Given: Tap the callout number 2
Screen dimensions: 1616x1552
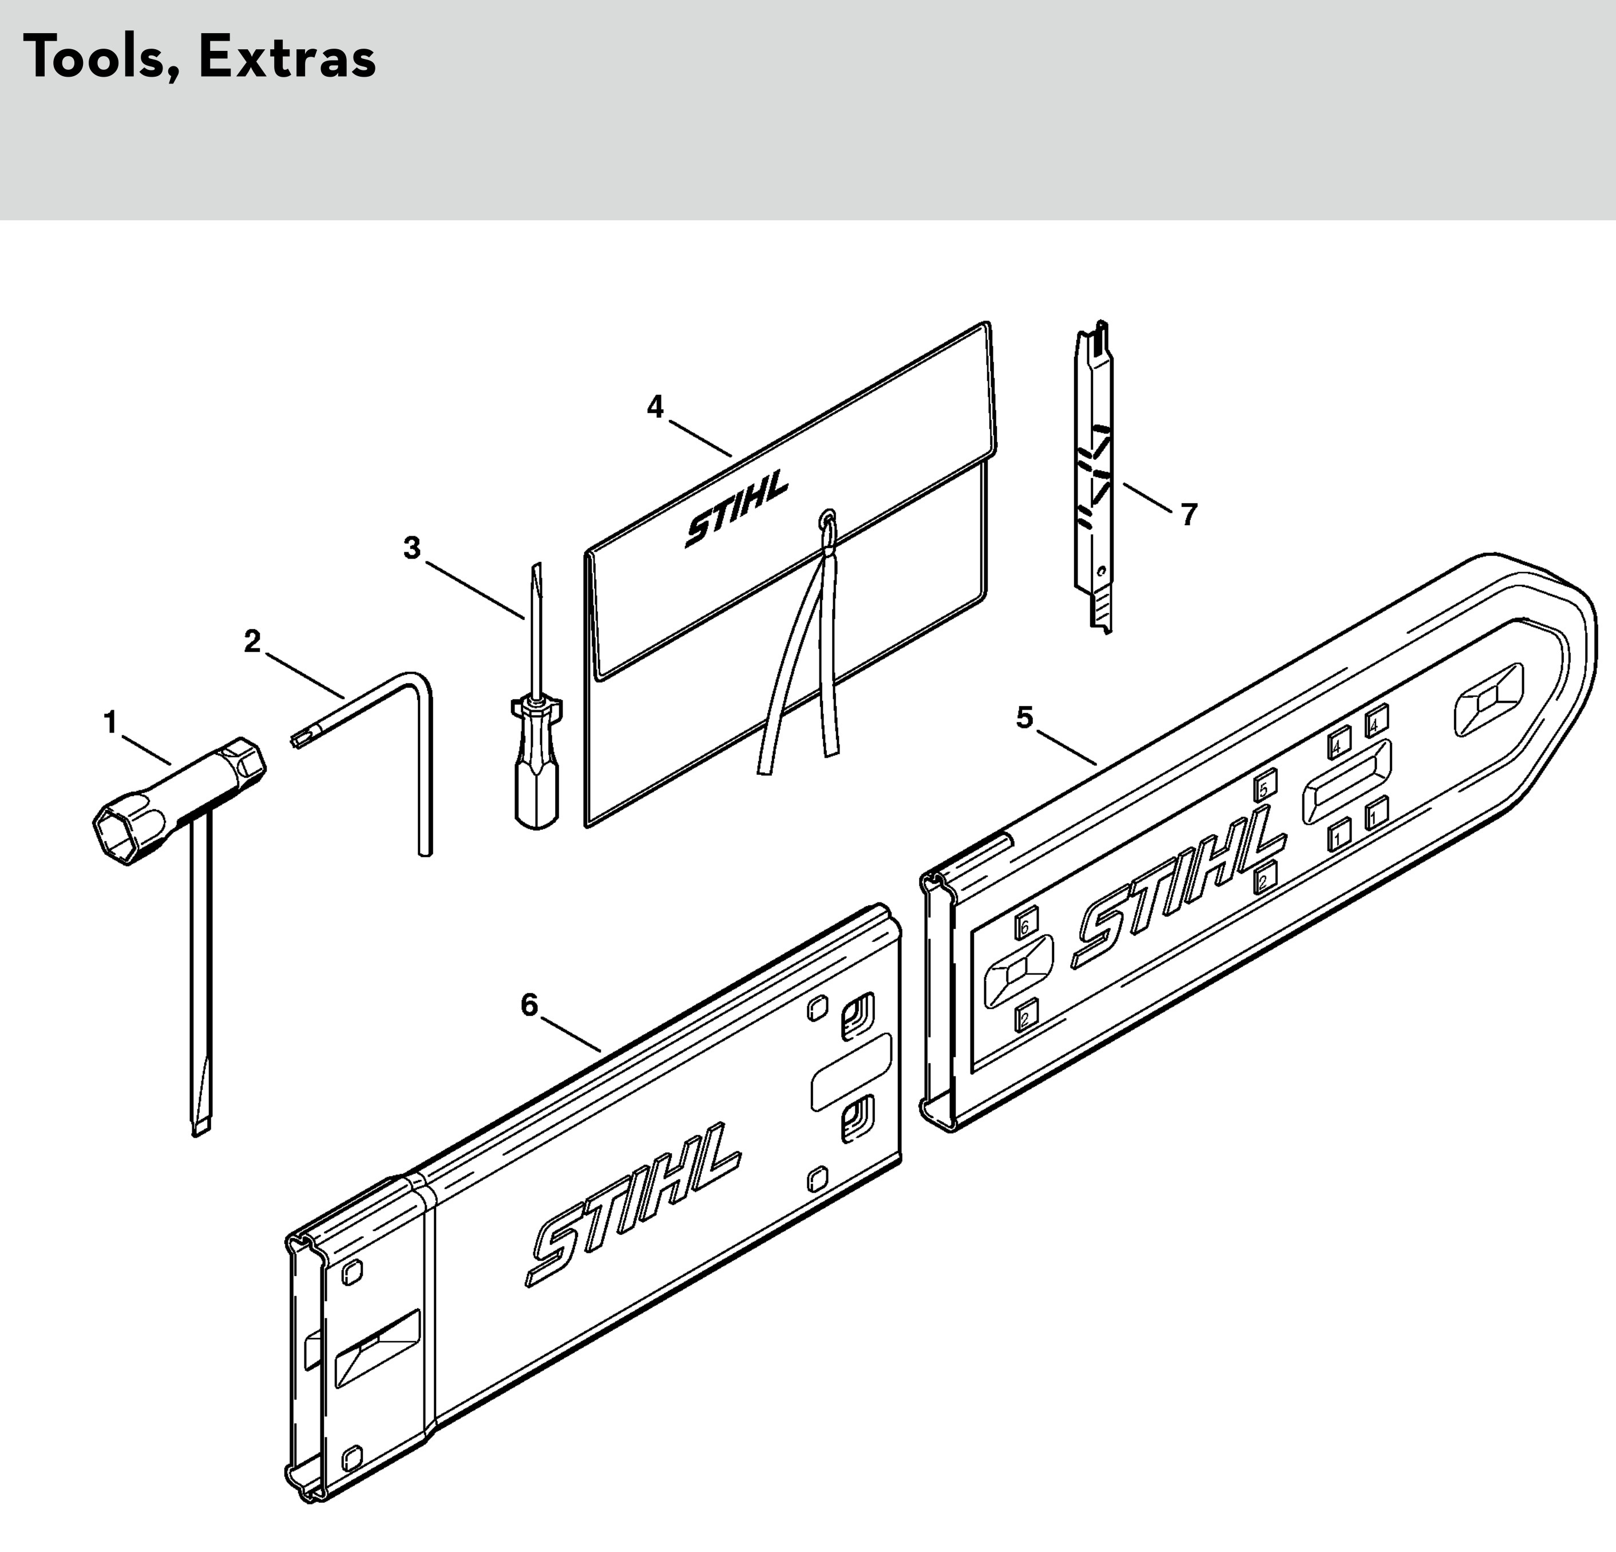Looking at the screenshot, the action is (252, 642).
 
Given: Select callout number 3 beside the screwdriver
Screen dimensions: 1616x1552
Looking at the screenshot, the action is (412, 548).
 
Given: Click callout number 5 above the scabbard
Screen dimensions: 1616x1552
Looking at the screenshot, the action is (1024, 718).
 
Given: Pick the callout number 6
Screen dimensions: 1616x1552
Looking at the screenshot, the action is (529, 1005).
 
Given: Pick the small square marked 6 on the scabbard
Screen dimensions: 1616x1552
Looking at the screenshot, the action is (1025, 926).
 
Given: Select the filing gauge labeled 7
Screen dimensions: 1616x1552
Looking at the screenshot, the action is (1094, 478).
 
